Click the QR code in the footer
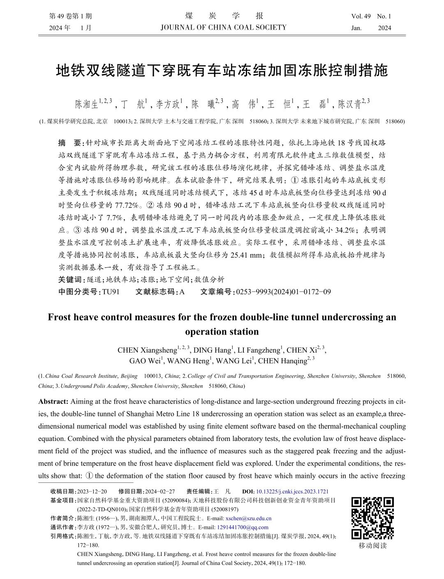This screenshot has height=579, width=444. pyautogui.click(x=372, y=518)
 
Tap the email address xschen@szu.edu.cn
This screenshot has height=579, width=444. pyautogui.click(x=248, y=518)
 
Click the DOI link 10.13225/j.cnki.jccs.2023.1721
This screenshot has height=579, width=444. pyautogui.click(x=292, y=491)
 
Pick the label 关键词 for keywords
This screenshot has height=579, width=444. pyautogui.click(x=71, y=279)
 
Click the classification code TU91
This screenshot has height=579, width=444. pyautogui.click(x=111, y=292)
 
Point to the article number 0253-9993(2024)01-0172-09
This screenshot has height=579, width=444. pyautogui.click(x=283, y=292)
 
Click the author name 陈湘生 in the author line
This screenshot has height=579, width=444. pyautogui.click(x=86, y=104)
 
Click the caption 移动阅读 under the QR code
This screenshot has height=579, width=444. pyautogui.click(x=372, y=546)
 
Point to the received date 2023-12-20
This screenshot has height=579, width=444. pyautogui.click(x=92, y=491)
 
